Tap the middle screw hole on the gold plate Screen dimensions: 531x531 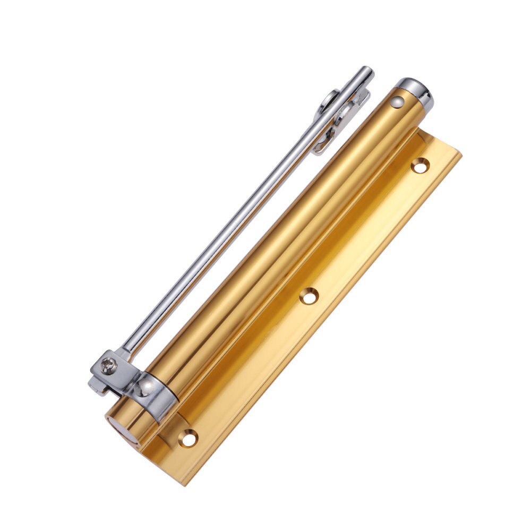tap(308, 296)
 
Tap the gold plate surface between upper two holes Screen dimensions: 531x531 tap(366, 234)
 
